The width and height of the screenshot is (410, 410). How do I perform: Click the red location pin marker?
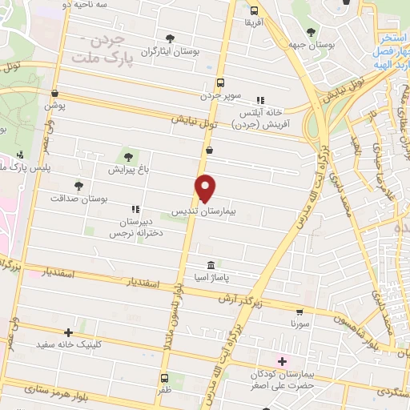[206, 187]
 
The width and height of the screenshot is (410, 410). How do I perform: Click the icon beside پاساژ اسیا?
[211, 265]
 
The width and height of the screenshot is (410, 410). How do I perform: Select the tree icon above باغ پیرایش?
[128, 155]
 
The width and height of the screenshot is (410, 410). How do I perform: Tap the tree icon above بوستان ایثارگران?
[169, 38]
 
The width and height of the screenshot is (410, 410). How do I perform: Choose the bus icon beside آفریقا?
[254, 11]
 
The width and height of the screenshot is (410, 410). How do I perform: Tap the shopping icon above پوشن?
[54, 94]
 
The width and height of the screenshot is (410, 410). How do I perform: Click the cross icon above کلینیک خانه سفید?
[69, 332]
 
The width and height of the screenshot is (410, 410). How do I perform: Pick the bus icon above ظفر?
[164, 378]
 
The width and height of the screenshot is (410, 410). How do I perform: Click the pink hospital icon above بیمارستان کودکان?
[283, 361]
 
